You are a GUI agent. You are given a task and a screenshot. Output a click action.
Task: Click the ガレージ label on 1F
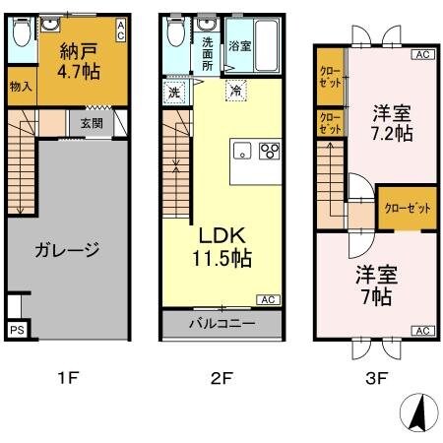pyautogui.click(x=66, y=249)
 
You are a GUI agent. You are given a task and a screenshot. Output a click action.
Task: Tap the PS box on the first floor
pyautogui.click(x=17, y=331)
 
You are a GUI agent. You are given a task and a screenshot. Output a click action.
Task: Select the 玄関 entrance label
pyautogui.click(x=91, y=123)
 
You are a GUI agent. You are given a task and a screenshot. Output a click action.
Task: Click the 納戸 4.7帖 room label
pyautogui.click(x=76, y=61)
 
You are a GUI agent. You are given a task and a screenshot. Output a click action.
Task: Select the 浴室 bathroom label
pyautogui.click(x=240, y=45)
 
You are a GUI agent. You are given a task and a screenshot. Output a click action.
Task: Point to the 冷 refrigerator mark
pyautogui.click(x=235, y=91)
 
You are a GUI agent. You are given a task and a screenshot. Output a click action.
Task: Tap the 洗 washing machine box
pyautogui.click(x=173, y=92)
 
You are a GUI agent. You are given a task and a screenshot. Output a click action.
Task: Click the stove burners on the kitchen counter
pyautogui.click(x=269, y=152)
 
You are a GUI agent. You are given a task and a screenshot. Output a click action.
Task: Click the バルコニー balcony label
pyautogui.click(x=222, y=323)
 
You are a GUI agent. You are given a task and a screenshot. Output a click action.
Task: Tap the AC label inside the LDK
pyautogui.click(x=268, y=299)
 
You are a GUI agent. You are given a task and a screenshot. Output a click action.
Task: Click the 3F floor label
pyautogui.click(x=376, y=377)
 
